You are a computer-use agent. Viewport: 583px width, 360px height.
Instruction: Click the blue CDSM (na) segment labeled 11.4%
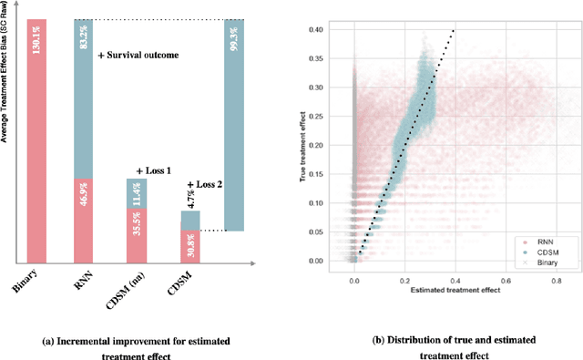(136, 192)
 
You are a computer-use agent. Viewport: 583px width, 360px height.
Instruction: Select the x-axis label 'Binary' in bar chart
(26, 284)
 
